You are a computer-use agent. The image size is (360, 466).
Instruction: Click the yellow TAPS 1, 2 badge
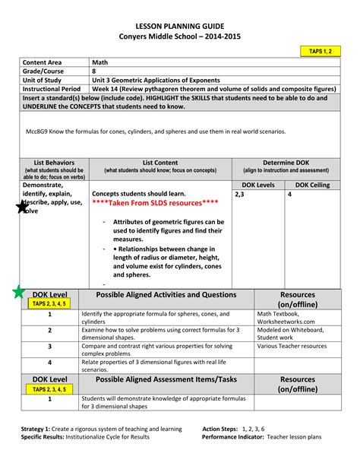click(x=320, y=51)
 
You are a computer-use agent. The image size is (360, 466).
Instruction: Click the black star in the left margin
click(x=22, y=207)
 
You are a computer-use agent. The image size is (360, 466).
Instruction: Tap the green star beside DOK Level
click(x=17, y=292)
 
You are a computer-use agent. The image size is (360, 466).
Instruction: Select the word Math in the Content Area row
click(x=99, y=62)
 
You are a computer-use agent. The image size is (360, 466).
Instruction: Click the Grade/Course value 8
click(x=94, y=72)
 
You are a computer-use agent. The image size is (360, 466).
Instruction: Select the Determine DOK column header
click(x=286, y=162)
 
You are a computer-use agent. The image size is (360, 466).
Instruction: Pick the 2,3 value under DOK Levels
click(x=240, y=195)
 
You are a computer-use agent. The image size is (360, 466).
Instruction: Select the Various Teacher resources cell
click(x=292, y=346)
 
